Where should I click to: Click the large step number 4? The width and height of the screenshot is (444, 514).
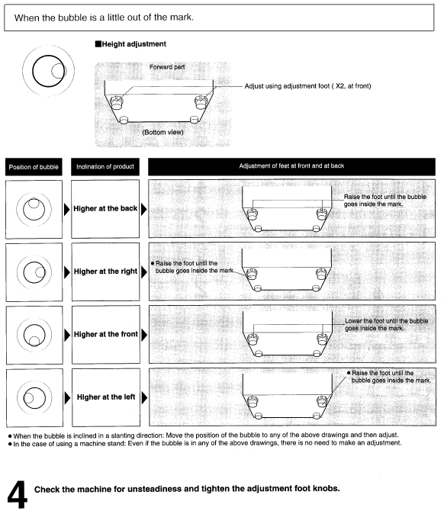pyautogui.click(x=18, y=495)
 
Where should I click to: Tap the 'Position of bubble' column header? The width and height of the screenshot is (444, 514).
pyautogui.click(x=34, y=167)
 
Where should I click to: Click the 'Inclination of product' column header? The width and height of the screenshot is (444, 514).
pyautogui.click(x=105, y=166)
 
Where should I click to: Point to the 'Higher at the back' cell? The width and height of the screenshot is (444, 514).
pyautogui.click(x=105, y=208)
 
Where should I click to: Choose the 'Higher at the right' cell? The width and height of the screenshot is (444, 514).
pyautogui.click(x=105, y=271)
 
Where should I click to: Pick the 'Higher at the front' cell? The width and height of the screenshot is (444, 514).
pyautogui.click(x=106, y=334)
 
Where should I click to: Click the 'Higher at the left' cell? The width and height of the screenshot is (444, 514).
pyautogui.click(x=106, y=397)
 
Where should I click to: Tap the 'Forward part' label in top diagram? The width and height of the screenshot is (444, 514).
pyautogui.click(x=167, y=67)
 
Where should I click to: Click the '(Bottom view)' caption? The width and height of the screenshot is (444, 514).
pyautogui.click(x=162, y=132)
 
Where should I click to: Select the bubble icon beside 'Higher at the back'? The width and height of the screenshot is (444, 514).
pyautogui.click(x=34, y=209)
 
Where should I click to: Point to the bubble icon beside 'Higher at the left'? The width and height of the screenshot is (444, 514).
pyautogui.click(x=34, y=398)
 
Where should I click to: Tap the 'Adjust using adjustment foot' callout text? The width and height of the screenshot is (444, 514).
pyautogui.click(x=307, y=86)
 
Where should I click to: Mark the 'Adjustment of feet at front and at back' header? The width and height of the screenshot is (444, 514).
pyautogui.click(x=291, y=166)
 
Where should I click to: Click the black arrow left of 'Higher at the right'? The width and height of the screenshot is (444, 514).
pyautogui.click(x=67, y=272)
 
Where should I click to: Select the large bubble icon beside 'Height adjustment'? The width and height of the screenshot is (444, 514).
pyautogui.click(x=49, y=71)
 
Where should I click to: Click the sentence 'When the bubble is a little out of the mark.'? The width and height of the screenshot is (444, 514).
pyautogui.click(x=104, y=18)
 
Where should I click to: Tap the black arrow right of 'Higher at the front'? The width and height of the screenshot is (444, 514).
pyautogui.click(x=144, y=335)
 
